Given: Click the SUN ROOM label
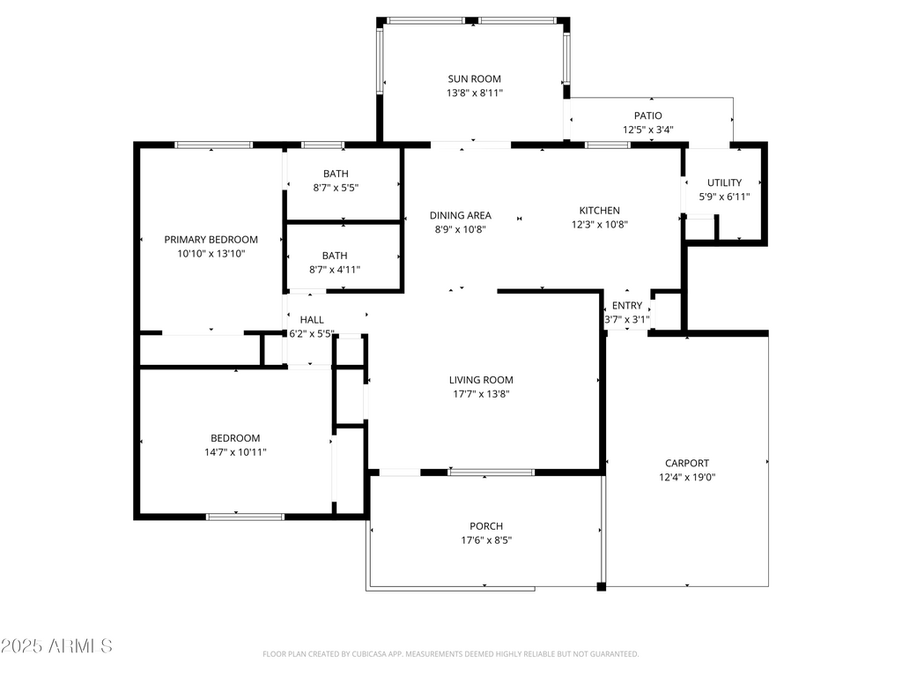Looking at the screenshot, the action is pyautogui.click(x=474, y=78).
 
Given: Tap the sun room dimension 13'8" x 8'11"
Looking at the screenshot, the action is pyautogui.click(x=475, y=93).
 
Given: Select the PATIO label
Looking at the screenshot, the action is pyautogui.click(x=647, y=115).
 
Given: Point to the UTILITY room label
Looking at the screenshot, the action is pyautogui.click(x=724, y=182).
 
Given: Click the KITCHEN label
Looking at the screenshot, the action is pyautogui.click(x=599, y=211).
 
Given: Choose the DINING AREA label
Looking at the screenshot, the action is pyautogui.click(x=460, y=215).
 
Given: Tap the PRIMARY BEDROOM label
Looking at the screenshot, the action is pyautogui.click(x=211, y=240).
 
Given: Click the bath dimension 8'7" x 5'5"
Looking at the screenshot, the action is pyautogui.click(x=336, y=188).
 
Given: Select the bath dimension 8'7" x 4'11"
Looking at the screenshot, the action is pyautogui.click(x=335, y=270).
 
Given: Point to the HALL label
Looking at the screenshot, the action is pyautogui.click(x=312, y=319).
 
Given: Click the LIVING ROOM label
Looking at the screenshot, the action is pyautogui.click(x=481, y=380).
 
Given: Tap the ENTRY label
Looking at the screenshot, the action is pyautogui.click(x=627, y=306).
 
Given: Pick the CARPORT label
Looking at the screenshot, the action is pyautogui.click(x=687, y=463).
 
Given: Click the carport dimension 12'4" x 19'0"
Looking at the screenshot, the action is pyautogui.click(x=687, y=477).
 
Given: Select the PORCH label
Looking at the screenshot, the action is pyautogui.click(x=486, y=526).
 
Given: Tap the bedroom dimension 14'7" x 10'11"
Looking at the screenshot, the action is pyautogui.click(x=235, y=452).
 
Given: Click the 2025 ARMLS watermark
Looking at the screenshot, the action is pyautogui.click(x=56, y=646).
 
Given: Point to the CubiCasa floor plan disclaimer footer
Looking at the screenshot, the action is pyautogui.click(x=450, y=654).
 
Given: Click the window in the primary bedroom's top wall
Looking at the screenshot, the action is pyautogui.click(x=213, y=145).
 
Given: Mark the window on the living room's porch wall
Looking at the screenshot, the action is pyautogui.click(x=492, y=472).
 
